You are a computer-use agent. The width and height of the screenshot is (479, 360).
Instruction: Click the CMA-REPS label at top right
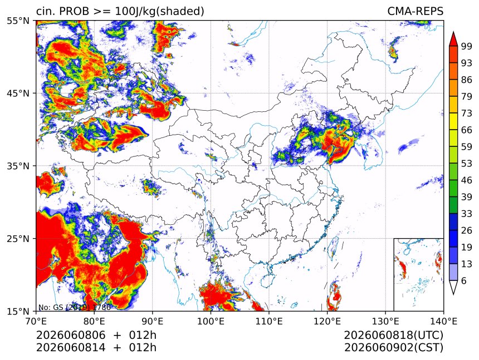tap(415, 11)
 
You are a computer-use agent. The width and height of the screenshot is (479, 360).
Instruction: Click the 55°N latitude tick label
tap(18, 21)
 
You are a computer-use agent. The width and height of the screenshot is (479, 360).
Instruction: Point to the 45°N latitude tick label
tap(18, 93)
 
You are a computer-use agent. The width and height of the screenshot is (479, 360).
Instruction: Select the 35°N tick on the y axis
tap(18, 166)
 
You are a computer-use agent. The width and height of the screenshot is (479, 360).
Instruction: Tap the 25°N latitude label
tap(18, 239)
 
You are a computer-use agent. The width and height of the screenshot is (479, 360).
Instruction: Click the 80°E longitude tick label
tap(94, 321)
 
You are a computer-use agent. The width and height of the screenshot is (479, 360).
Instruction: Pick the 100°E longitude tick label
tap(211, 321)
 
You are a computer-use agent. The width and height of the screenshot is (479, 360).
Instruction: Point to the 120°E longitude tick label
tap(327, 321)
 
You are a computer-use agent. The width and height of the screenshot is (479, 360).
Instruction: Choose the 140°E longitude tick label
tap(443, 321)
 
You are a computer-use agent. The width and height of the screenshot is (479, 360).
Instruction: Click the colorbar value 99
tap(467, 46)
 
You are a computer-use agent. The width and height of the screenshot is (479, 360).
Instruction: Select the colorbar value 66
tap(467, 130)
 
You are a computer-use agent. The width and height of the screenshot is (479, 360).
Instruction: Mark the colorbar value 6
tap(464, 280)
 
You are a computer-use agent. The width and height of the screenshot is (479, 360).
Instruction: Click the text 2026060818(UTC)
tap(393, 336)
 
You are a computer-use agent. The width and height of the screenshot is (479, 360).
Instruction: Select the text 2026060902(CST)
tap(393, 348)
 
